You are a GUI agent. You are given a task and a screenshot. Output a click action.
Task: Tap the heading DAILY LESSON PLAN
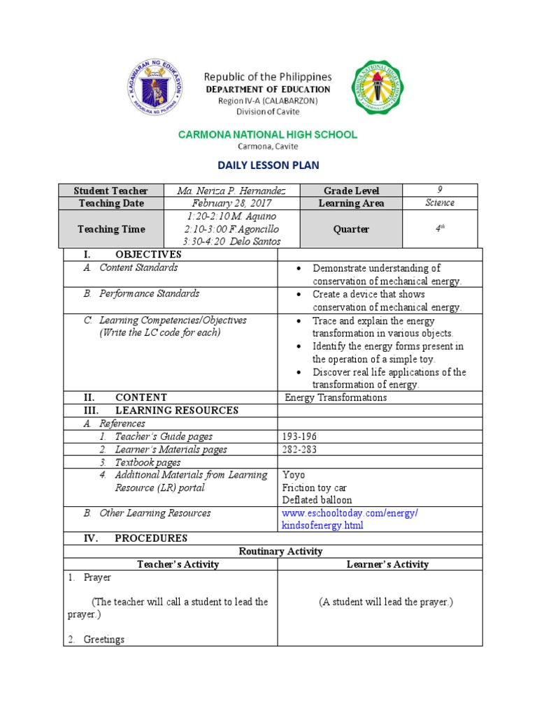pyautogui.click(x=268, y=165)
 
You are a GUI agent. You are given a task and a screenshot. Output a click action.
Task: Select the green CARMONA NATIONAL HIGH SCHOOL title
pyautogui.click(x=268, y=134)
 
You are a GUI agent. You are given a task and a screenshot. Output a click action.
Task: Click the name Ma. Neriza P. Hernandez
pyautogui.click(x=231, y=191)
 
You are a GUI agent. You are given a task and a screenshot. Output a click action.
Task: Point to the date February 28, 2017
pyautogui.click(x=231, y=203)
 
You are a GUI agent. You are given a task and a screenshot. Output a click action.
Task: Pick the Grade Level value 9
pyautogui.click(x=440, y=190)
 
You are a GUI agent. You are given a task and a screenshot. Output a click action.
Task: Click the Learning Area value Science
pyautogui.click(x=440, y=203)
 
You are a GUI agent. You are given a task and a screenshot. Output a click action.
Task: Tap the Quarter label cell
pyautogui.click(x=350, y=229)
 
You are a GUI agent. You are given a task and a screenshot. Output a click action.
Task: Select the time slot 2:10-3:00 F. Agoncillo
pyautogui.click(x=231, y=229)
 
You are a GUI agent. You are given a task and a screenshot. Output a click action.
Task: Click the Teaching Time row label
pyautogui.click(x=111, y=229)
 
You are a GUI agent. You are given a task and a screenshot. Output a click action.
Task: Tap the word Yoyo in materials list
pyautogui.click(x=294, y=475)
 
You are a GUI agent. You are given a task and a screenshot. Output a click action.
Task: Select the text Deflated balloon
pyautogui.click(x=317, y=500)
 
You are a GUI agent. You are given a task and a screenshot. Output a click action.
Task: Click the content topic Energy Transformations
pyautogui.click(x=336, y=397)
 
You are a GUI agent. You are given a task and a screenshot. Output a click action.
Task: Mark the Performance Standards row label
pyautogui.click(x=149, y=294)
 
